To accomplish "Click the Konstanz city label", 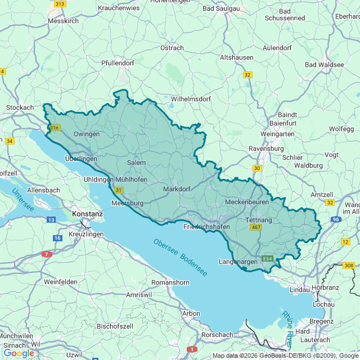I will click(87, 214).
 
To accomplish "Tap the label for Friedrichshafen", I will click(207, 227).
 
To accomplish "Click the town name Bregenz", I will click(321, 321).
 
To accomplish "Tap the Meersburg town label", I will click(128, 202).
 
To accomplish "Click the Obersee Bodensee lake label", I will click(179, 258).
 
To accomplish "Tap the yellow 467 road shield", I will click(256, 227).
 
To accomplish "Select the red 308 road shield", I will click(349, 265).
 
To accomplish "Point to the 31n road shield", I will click(54, 128).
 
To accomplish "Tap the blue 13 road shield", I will click(51, 219).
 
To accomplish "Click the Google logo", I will click(19, 353).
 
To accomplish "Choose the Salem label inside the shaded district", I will click(136, 163).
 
